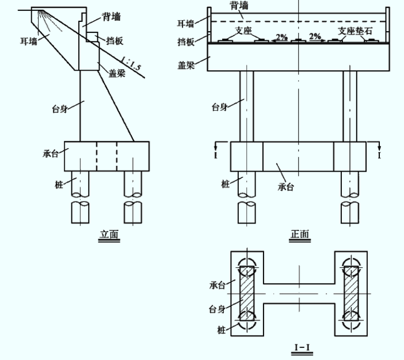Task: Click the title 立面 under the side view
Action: [109, 234]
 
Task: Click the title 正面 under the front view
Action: [300, 234]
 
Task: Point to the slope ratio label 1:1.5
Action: [131, 64]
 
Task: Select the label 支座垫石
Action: [355, 31]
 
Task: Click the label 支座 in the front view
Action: [243, 31]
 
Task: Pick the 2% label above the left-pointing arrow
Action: [281, 37]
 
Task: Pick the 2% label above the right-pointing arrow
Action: [315, 36]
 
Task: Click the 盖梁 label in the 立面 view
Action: [117, 74]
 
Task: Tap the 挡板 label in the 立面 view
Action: [115, 41]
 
